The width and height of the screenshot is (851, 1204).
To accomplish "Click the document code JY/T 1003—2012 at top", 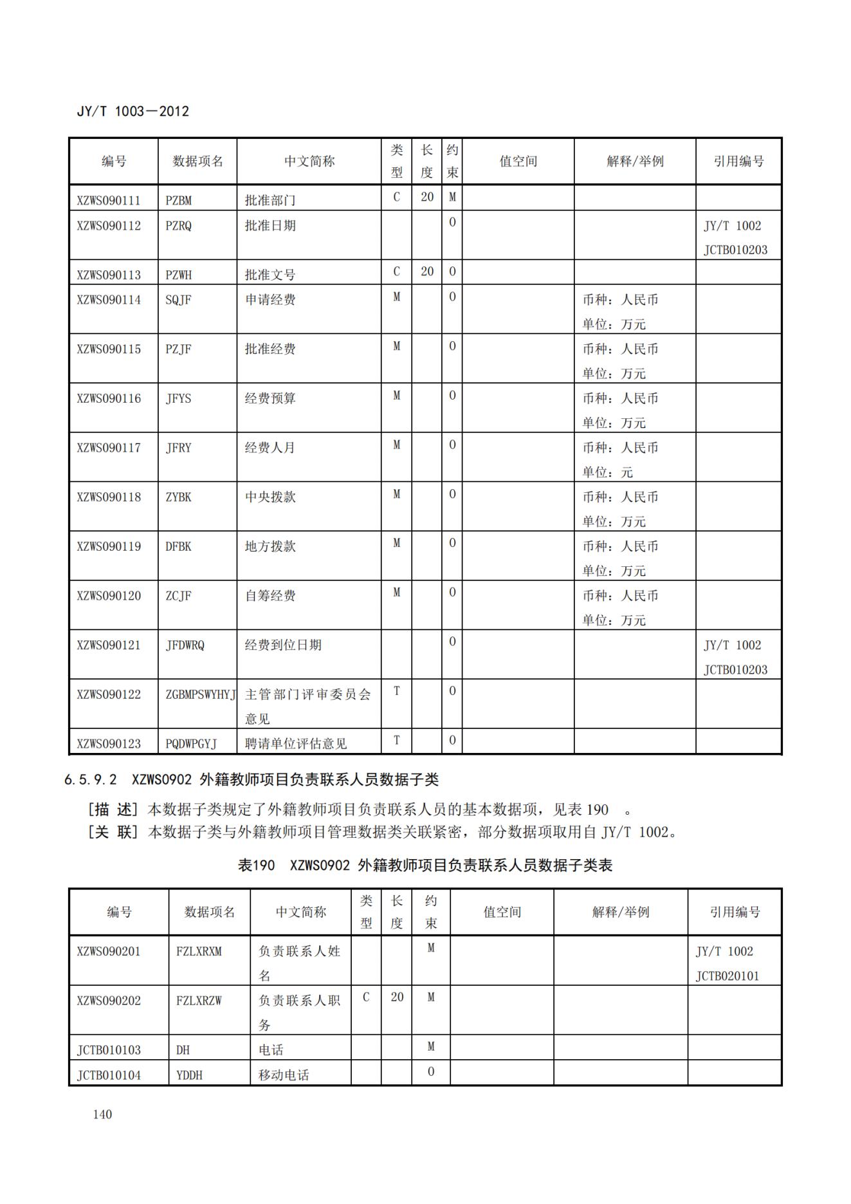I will pos(133,111).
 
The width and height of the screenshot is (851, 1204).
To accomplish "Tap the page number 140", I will pos(102,1114).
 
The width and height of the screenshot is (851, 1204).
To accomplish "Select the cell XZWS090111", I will pos(109,200).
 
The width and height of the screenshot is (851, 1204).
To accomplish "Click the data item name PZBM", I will pos(178,200).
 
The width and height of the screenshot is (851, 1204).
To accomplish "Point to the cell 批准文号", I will pos(270,275).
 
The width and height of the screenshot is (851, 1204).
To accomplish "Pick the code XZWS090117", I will pos(109,448).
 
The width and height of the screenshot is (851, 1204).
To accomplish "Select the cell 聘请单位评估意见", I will pos(296,744).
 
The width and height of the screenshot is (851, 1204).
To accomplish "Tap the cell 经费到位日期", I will pos(283,645).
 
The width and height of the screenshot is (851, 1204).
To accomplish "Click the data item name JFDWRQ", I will pos(185,645).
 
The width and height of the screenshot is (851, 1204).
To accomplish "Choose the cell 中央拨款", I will pos(270,497).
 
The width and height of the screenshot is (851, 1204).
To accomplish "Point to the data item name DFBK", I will pos(178,547).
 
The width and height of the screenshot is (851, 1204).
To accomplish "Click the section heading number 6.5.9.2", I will pos(91,780).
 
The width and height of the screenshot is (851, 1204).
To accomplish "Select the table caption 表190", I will pos(256,866).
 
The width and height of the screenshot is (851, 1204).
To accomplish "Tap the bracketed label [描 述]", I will pos(113,810).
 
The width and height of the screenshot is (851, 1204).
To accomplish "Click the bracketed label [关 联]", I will pos(113,832).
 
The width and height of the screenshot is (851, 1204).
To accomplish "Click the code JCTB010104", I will pos(109,1075).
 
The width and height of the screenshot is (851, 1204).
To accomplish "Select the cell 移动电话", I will pos(284,1075).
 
